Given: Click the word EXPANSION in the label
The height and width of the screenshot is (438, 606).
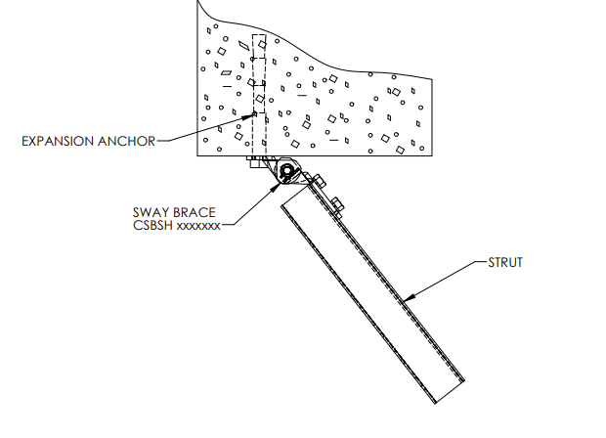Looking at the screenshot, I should point(57,141).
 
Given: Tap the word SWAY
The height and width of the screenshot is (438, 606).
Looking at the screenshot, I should point(150,211).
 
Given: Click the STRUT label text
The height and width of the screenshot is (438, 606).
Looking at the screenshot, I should point(505,262).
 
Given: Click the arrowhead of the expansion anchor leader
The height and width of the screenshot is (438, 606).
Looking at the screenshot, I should point(252,115).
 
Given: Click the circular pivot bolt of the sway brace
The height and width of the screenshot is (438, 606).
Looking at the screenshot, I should point(286,172).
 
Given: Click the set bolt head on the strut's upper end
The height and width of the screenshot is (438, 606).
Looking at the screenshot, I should point(337,204).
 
